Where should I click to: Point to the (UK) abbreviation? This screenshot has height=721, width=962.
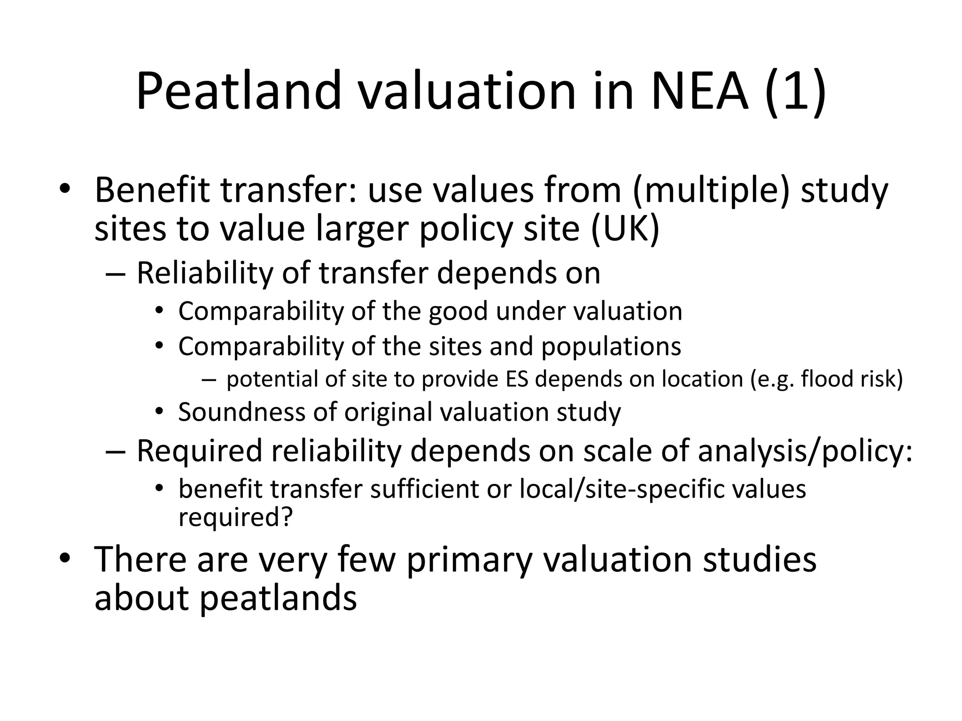pyautogui.click(x=625, y=229)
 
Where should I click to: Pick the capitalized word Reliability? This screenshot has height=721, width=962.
pyautogui.click(x=204, y=273)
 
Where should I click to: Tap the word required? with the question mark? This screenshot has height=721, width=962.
pyautogui.click(x=235, y=517)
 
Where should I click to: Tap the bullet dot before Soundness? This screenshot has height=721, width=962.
pyautogui.click(x=160, y=412)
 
